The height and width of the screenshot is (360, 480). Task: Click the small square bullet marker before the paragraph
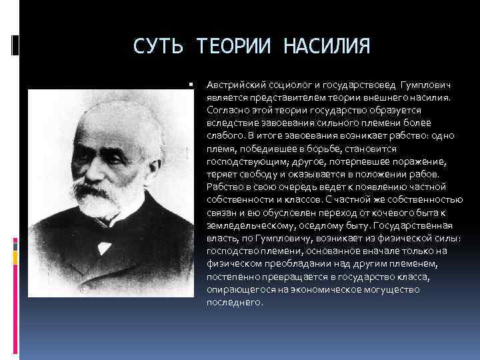(191, 85)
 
